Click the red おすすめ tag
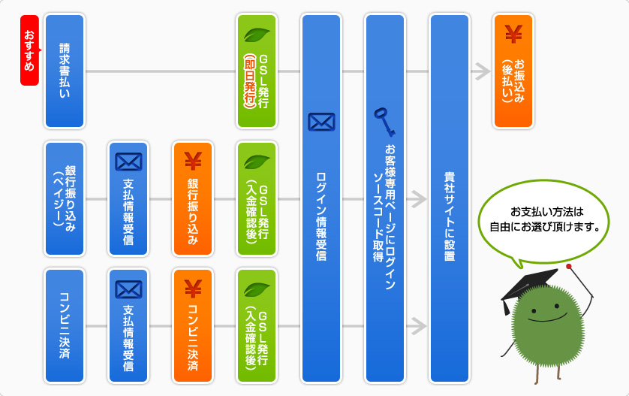(29, 50)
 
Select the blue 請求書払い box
(65, 71)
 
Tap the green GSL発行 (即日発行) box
(256, 71)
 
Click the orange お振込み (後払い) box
(513, 71)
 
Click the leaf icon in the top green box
(257, 35)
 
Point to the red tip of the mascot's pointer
(570, 266)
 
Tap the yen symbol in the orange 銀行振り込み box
(193, 160)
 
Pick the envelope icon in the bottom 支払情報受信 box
(128, 289)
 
